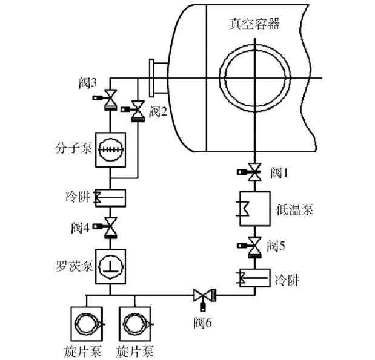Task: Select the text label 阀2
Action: (158, 111)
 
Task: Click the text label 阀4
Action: (80, 227)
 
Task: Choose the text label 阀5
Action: (276, 246)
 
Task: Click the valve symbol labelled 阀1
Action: (255, 172)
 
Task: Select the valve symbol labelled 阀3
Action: (110, 99)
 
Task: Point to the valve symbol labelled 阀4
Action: (110, 227)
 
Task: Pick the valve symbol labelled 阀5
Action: (255, 246)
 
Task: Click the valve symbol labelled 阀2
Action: (138, 111)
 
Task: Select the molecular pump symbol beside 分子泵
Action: (111, 148)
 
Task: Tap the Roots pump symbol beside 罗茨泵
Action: (110, 267)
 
